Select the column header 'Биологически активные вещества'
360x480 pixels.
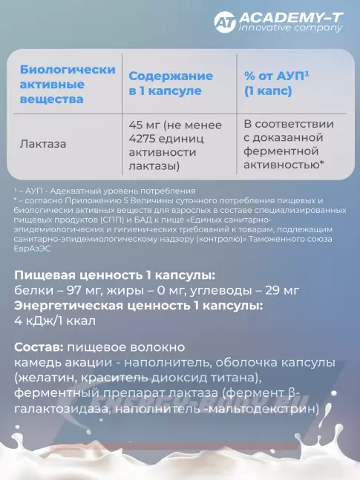67,84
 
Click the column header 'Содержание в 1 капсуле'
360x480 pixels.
171,84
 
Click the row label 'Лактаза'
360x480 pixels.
43,144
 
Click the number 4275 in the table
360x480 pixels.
145,137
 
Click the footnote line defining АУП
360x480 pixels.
104,191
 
